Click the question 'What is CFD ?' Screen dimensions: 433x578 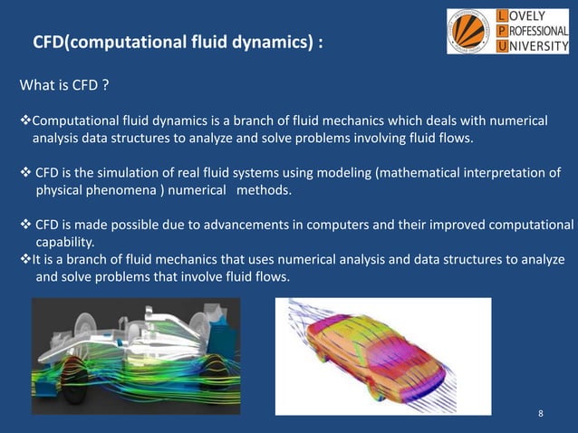(65, 87)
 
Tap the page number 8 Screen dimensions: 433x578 (541, 414)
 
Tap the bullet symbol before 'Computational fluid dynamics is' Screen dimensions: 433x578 (25, 121)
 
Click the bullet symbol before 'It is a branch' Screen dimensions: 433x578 (25, 260)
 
